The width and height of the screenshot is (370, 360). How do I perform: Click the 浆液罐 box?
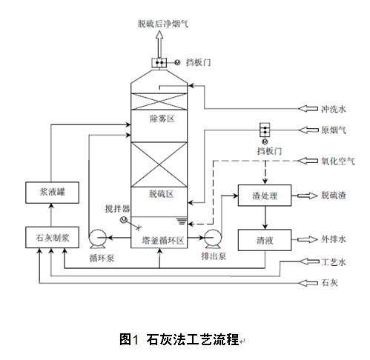[x=52, y=193]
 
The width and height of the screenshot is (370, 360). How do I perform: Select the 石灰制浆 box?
[x=52, y=237]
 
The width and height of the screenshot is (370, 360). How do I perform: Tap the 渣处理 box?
[x=265, y=196]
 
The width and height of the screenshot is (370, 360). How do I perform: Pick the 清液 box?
[x=265, y=240]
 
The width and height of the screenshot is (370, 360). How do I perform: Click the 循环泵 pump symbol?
[x=97, y=239]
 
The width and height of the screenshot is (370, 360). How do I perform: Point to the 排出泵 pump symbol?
[x=214, y=239]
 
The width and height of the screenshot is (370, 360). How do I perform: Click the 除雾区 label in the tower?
[x=162, y=119]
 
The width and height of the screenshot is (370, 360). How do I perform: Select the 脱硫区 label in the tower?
[x=162, y=194]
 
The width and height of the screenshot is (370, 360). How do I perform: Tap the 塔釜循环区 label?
[x=163, y=240]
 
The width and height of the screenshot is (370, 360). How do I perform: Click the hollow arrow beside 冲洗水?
[x=308, y=108]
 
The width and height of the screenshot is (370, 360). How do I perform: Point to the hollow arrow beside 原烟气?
[x=308, y=130]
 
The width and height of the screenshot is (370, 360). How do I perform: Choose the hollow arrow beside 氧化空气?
[x=308, y=161]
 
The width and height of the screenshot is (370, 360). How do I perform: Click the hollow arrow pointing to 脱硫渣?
[x=307, y=196]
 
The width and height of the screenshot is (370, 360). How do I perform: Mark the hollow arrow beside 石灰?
[x=308, y=283]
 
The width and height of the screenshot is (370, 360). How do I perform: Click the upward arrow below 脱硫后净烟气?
[x=159, y=44]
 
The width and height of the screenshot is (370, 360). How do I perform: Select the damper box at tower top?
[x=159, y=62]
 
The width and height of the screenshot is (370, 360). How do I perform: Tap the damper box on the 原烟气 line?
[x=265, y=130]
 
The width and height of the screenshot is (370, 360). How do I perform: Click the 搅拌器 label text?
[x=117, y=209]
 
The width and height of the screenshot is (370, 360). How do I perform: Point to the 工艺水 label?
[x=334, y=261]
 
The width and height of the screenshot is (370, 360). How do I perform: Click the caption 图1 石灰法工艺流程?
[x=179, y=339]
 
